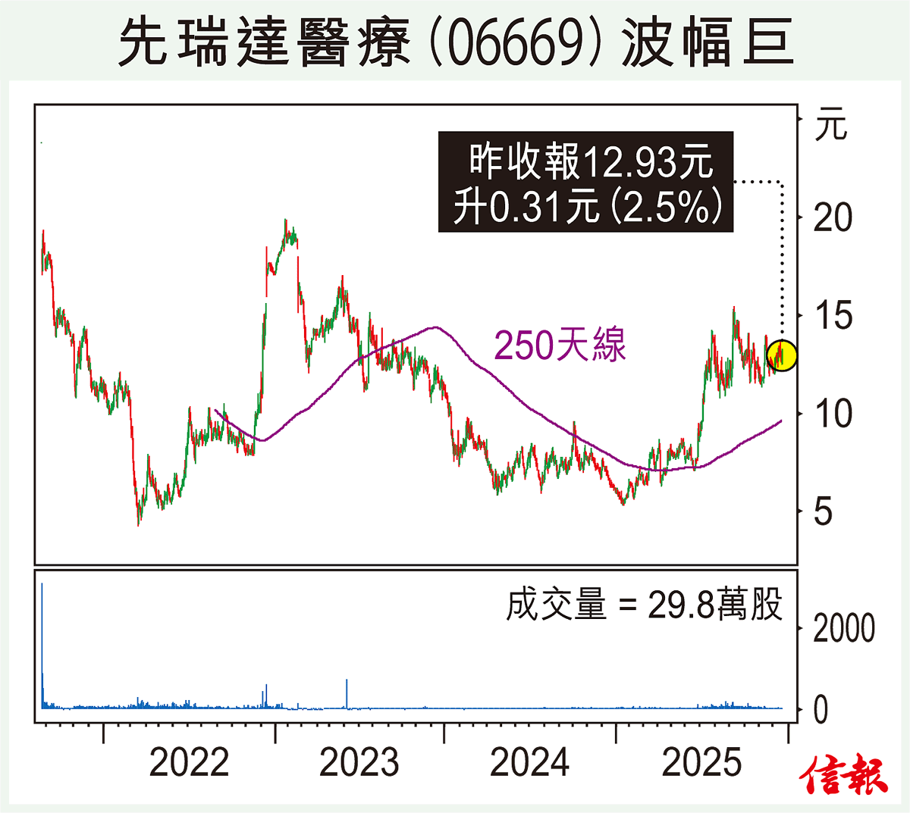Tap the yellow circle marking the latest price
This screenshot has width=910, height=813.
point(782,355)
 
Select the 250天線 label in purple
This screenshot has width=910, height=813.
point(560,346)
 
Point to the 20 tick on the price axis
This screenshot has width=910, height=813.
point(833,218)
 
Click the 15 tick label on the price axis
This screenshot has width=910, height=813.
point(833,316)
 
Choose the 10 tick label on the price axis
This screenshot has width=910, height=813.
point(833,414)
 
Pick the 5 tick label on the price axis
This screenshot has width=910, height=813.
point(824,512)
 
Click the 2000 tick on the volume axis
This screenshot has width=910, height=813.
point(843,629)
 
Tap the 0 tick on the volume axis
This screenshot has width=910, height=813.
point(821,711)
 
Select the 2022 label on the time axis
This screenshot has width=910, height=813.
point(189,762)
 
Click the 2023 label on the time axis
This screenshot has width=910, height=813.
point(359,762)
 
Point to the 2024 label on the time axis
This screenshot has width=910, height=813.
point(529,762)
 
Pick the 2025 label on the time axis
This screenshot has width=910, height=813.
point(701,762)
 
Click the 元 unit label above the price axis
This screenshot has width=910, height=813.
point(831,124)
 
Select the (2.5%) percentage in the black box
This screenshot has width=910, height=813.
point(667,206)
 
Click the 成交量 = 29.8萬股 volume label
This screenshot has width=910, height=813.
point(644,605)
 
